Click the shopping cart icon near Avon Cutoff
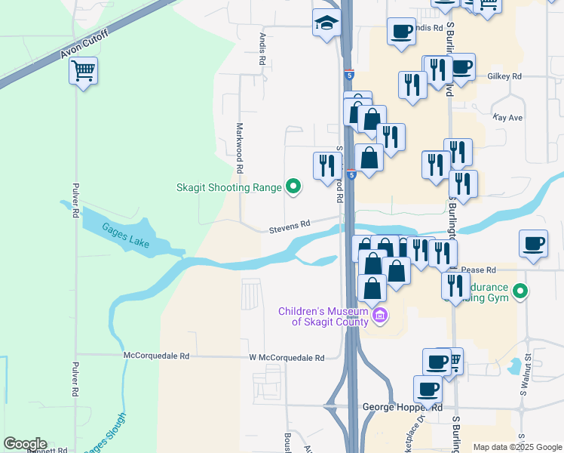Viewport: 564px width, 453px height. point(83,72)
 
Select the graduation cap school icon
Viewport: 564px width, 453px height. point(326,23)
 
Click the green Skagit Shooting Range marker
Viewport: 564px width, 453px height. point(293,187)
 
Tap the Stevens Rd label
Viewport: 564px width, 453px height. point(290,225)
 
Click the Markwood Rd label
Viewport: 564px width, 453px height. point(240,144)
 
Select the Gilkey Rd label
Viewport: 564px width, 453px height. point(504,76)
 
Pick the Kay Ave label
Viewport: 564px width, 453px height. point(507,118)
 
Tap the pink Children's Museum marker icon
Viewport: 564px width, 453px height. point(379,316)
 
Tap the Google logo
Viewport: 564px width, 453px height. point(25,444)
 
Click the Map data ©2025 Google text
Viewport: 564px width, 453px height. point(516,447)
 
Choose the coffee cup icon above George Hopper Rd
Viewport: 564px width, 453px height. point(428,390)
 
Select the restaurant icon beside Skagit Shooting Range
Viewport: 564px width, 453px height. point(326,166)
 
